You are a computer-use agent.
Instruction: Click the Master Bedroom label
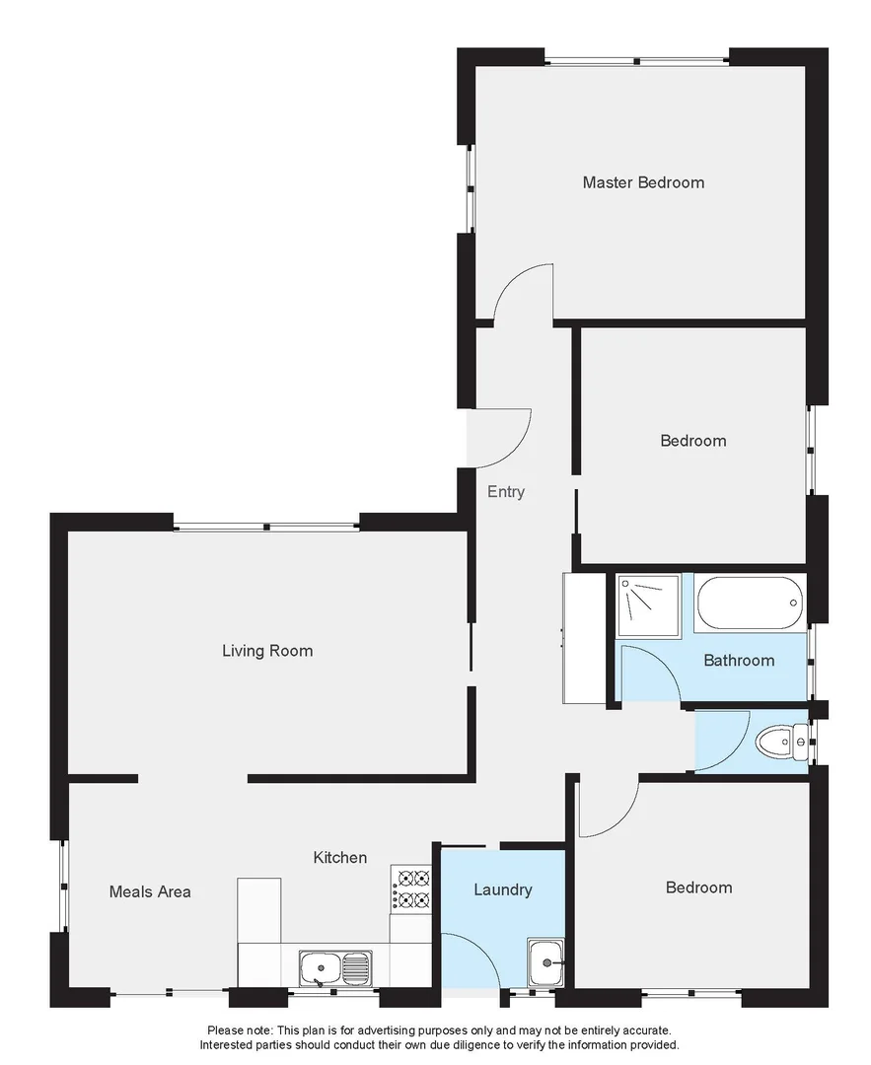coord(643,182)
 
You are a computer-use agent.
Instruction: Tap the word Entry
coord(506,492)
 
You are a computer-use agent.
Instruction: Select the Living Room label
coord(267,651)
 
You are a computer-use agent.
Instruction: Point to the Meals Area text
coord(150,891)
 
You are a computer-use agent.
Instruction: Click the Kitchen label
coord(340,858)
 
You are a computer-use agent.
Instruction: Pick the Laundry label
coord(503,889)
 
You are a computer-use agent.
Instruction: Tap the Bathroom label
coord(739,661)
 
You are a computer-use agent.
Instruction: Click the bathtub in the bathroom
coord(750,603)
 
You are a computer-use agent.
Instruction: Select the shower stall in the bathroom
coord(649,605)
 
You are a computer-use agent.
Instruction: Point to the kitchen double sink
coord(335,968)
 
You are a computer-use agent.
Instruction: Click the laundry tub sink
coord(545,963)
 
